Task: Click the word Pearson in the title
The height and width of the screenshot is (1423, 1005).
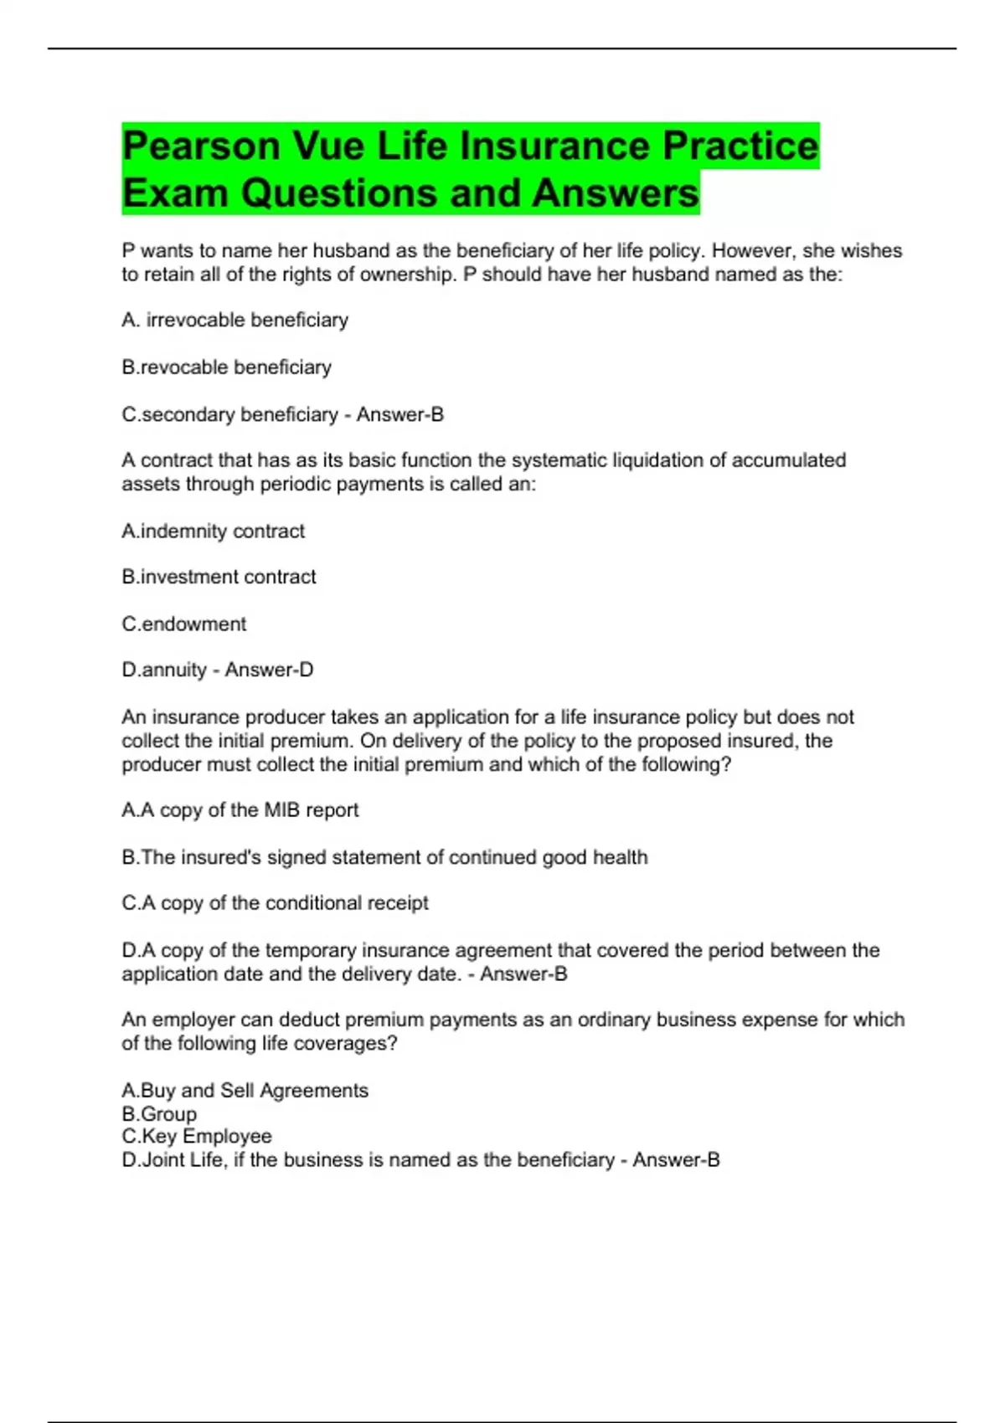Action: tap(200, 146)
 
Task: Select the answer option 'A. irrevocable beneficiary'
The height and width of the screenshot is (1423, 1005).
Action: tap(234, 320)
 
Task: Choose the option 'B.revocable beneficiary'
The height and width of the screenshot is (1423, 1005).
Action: tap(226, 367)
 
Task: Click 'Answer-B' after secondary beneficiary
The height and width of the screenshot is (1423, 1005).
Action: tap(400, 414)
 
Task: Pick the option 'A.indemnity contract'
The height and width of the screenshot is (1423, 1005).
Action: tap(213, 532)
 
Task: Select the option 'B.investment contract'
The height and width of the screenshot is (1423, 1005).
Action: tap(219, 577)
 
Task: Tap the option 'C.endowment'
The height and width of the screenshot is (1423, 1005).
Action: tap(183, 624)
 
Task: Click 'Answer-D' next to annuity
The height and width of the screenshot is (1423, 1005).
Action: tap(269, 670)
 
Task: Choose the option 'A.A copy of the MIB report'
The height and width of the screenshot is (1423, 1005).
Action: tap(240, 810)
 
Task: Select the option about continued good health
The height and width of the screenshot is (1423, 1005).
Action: tap(384, 857)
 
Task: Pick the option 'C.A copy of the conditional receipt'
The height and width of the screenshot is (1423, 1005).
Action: tap(275, 903)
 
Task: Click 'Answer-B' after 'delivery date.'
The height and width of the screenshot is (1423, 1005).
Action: tap(523, 974)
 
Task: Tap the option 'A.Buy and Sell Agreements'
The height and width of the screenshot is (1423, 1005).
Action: tap(245, 1091)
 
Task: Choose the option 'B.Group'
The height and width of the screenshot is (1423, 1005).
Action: tap(159, 1114)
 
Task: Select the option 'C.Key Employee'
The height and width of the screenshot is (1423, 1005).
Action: tap(197, 1137)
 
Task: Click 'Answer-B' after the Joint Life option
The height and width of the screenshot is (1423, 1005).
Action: tap(676, 1160)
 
